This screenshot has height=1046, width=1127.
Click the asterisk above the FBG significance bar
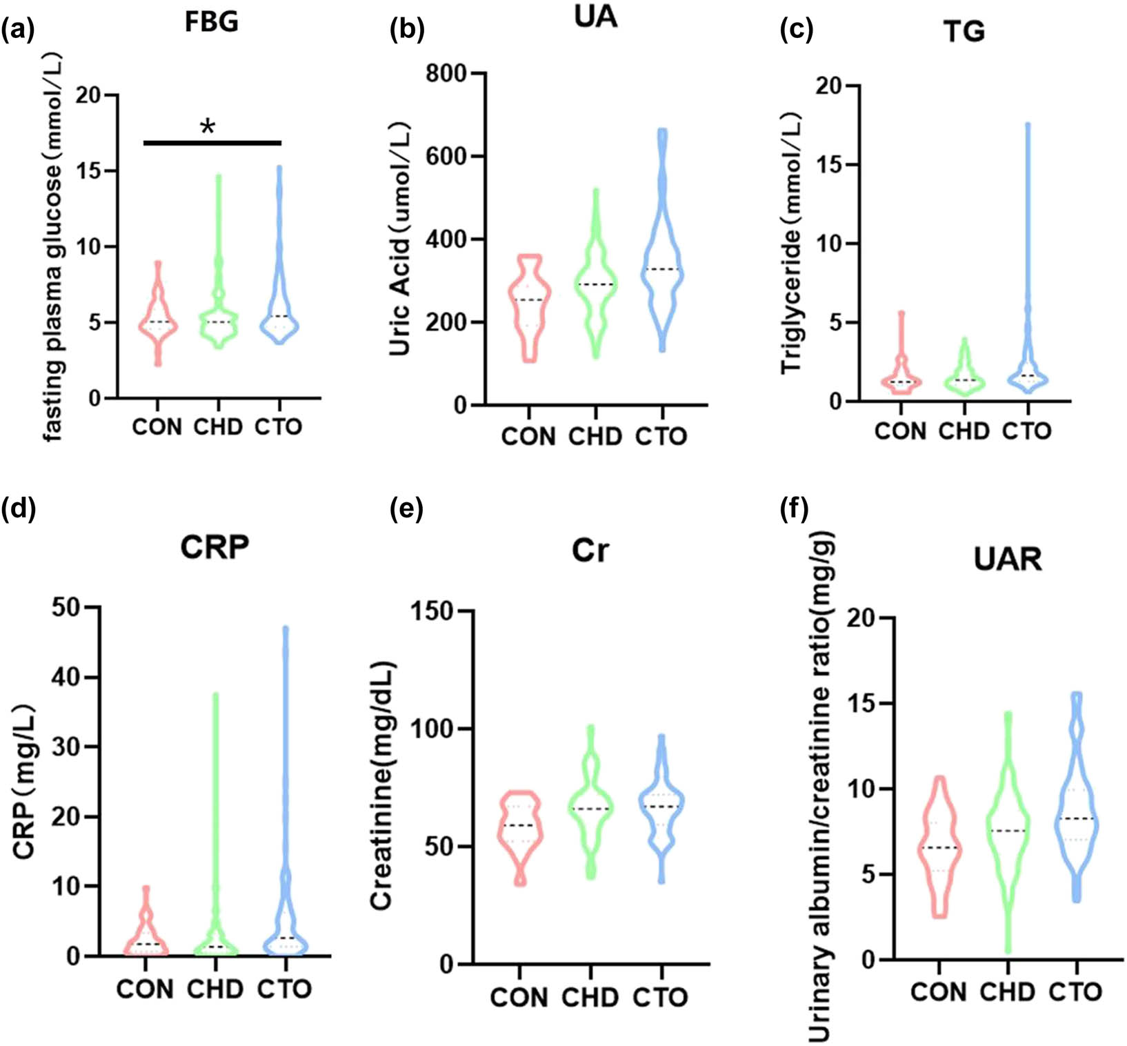coord(208,127)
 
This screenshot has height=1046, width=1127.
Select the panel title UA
coord(595,17)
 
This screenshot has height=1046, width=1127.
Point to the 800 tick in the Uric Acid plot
coord(446,73)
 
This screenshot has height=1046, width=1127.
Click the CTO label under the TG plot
coord(1026,431)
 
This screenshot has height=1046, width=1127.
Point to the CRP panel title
coord(215,548)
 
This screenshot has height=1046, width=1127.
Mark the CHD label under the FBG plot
coord(218,427)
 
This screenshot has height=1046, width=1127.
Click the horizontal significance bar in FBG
coord(212,143)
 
